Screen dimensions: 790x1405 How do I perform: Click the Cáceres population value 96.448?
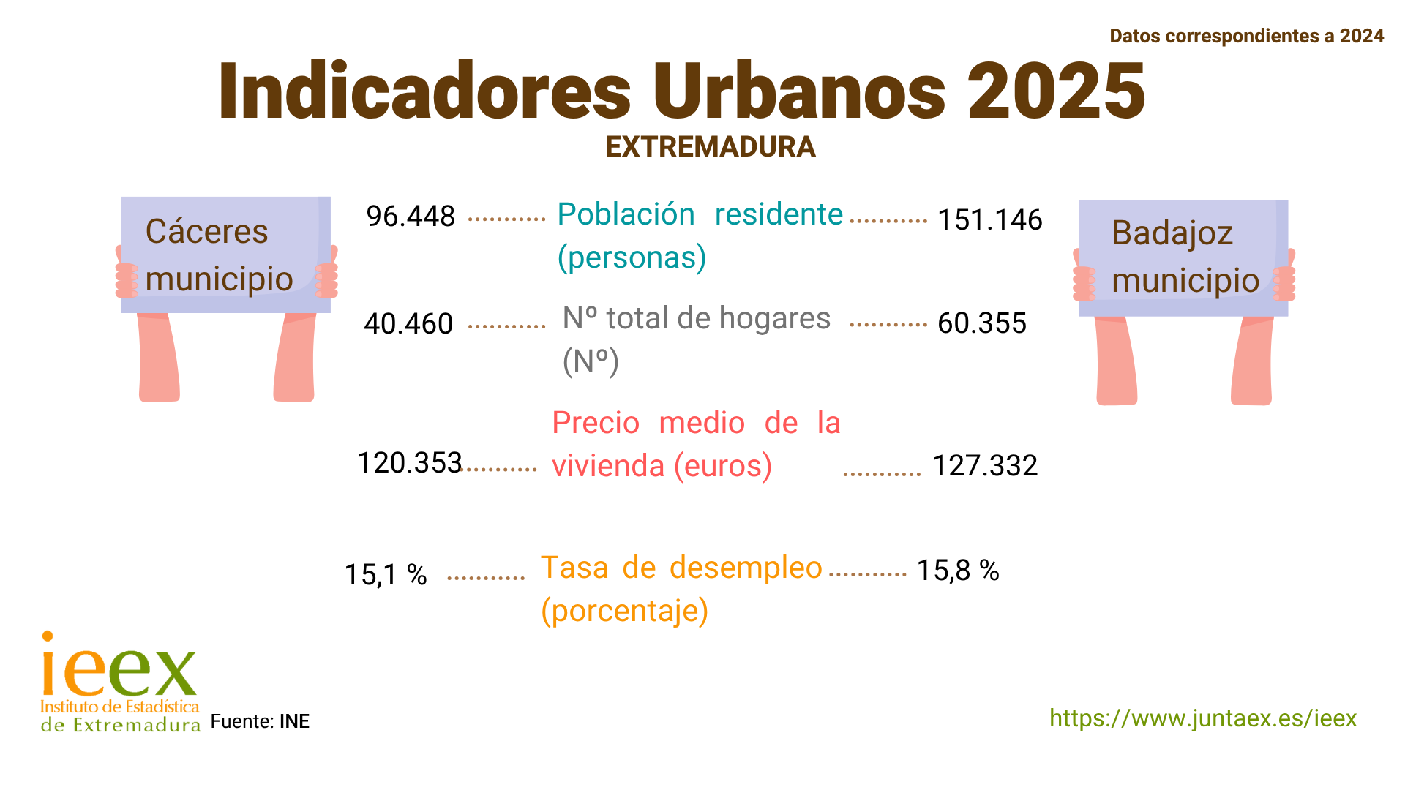411,217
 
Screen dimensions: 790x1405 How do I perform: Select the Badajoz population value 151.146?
989,220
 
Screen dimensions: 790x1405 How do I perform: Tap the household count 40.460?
408,323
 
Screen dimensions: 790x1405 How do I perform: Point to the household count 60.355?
982,323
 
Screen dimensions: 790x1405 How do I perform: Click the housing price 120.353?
409,463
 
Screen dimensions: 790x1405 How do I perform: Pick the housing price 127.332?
985,466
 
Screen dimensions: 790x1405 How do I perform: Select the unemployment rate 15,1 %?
386,575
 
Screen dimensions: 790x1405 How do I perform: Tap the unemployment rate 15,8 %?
958,571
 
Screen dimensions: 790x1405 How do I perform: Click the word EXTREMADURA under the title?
710,147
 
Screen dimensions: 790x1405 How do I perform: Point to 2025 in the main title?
1056,91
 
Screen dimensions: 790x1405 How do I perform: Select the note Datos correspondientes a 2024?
1246,36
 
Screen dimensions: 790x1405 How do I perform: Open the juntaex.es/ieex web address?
1203,718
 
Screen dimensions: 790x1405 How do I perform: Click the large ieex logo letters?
119,667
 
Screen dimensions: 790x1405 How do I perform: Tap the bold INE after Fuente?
295,722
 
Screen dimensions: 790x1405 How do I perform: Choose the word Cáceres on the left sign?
207,232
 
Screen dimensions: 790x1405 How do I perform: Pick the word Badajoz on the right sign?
1172,233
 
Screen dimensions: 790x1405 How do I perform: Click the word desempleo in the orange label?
746,568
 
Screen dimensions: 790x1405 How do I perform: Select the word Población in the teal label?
626,214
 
